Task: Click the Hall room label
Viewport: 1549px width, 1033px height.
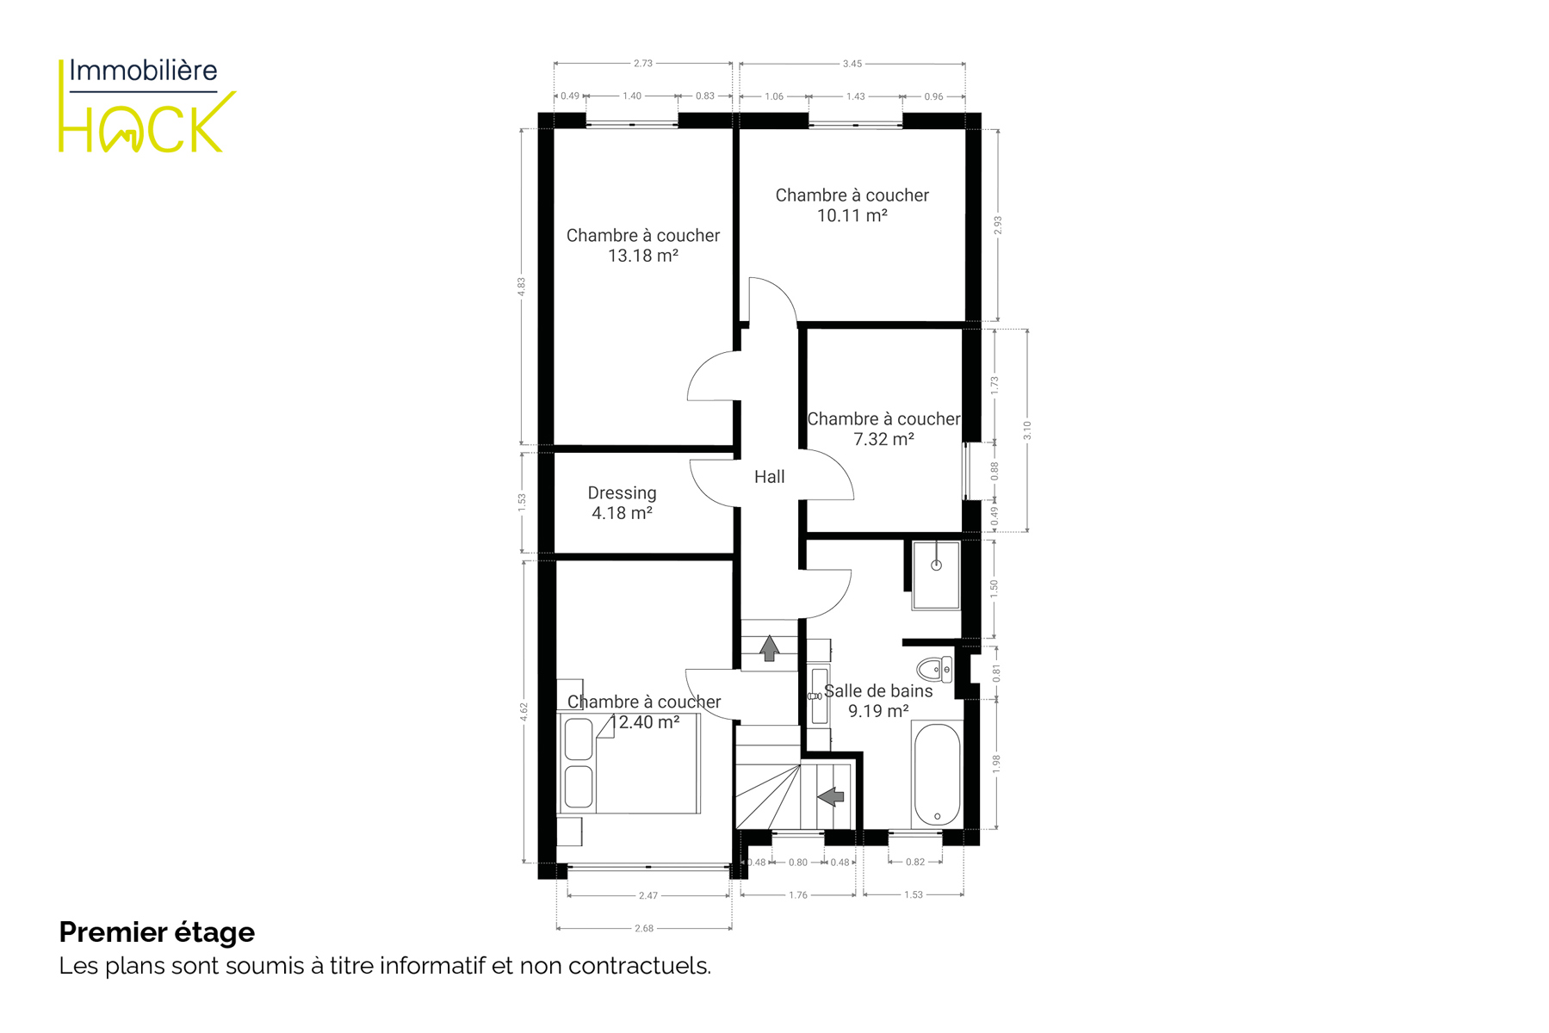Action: pyautogui.click(x=769, y=477)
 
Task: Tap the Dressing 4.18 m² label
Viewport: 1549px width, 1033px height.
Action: pyautogui.click(x=622, y=503)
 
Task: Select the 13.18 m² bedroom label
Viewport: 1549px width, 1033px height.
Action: pyautogui.click(x=643, y=245)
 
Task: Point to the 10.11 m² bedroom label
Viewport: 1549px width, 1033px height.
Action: pyautogui.click(x=852, y=205)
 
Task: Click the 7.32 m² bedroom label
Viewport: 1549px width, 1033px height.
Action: pyautogui.click(x=883, y=429)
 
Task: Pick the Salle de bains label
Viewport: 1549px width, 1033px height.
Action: pyautogui.click(x=878, y=691)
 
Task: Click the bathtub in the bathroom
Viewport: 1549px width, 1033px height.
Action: pyautogui.click(x=937, y=774)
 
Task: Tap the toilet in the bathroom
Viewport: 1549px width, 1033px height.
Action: pyautogui.click(x=934, y=669)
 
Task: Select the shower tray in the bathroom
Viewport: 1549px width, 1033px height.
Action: pyautogui.click(x=936, y=575)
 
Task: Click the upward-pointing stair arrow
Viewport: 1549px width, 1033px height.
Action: pyautogui.click(x=769, y=648)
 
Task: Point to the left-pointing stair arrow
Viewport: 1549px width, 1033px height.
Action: pyautogui.click(x=831, y=797)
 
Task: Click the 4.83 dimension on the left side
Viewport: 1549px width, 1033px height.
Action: pyautogui.click(x=521, y=287)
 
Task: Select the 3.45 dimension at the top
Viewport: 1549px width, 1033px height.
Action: pyautogui.click(x=852, y=64)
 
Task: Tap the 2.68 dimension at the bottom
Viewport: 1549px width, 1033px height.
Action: pyautogui.click(x=644, y=929)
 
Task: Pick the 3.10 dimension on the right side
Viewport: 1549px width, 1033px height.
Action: pyautogui.click(x=1027, y=430)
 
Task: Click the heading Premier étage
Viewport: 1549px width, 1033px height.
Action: pyautogui.click(x=157, y=932)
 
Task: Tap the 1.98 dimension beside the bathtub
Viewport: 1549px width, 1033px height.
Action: pyautogui.click(x=996, y=764)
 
